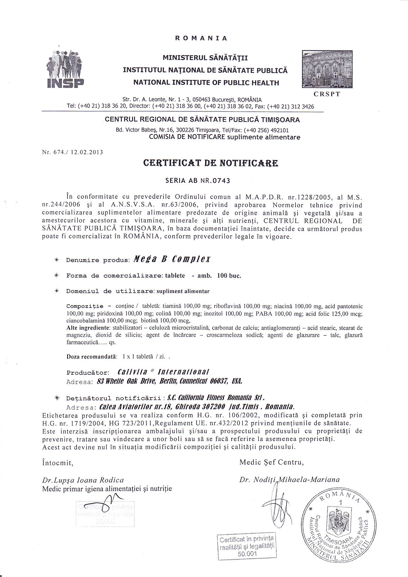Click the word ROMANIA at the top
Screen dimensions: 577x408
click(201, 38)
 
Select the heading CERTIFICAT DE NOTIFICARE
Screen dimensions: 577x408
click(211, 163)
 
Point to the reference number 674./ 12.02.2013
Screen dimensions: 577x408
click(73, 152)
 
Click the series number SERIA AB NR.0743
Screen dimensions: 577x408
click(198, 180)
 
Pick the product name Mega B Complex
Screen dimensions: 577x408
click(172, 259)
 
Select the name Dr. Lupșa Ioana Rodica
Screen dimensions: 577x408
click(83, 480)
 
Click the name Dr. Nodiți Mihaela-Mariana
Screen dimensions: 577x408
click(289, 480)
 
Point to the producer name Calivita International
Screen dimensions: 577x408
click(164, 372)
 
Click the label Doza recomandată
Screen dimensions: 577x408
click(92, 356)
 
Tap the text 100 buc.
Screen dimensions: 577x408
click(229, 276)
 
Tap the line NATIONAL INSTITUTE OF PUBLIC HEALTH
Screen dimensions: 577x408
click(206, 83)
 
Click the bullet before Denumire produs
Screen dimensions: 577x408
click(56, 260)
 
